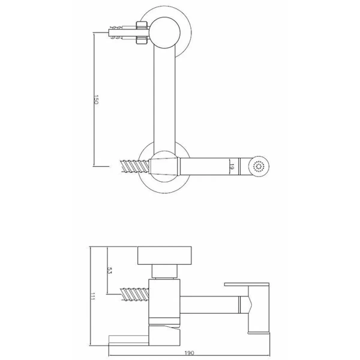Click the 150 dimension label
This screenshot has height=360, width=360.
[x=96, y=100]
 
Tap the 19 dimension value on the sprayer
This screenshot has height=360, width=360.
[x=232, y=167]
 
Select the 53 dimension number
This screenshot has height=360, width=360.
[x=109, y=270]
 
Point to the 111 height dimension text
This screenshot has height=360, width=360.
[x=92, y=296]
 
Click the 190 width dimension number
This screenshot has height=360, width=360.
[x=189, y=353]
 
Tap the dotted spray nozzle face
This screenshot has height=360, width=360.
[x=259, y=166]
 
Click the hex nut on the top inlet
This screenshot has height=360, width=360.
[x=142, y=32]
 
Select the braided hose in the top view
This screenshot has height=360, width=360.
[x=135, y=166]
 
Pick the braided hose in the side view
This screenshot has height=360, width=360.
[x=134, y=293]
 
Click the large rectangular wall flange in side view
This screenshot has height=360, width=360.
[x=164, y=256]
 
